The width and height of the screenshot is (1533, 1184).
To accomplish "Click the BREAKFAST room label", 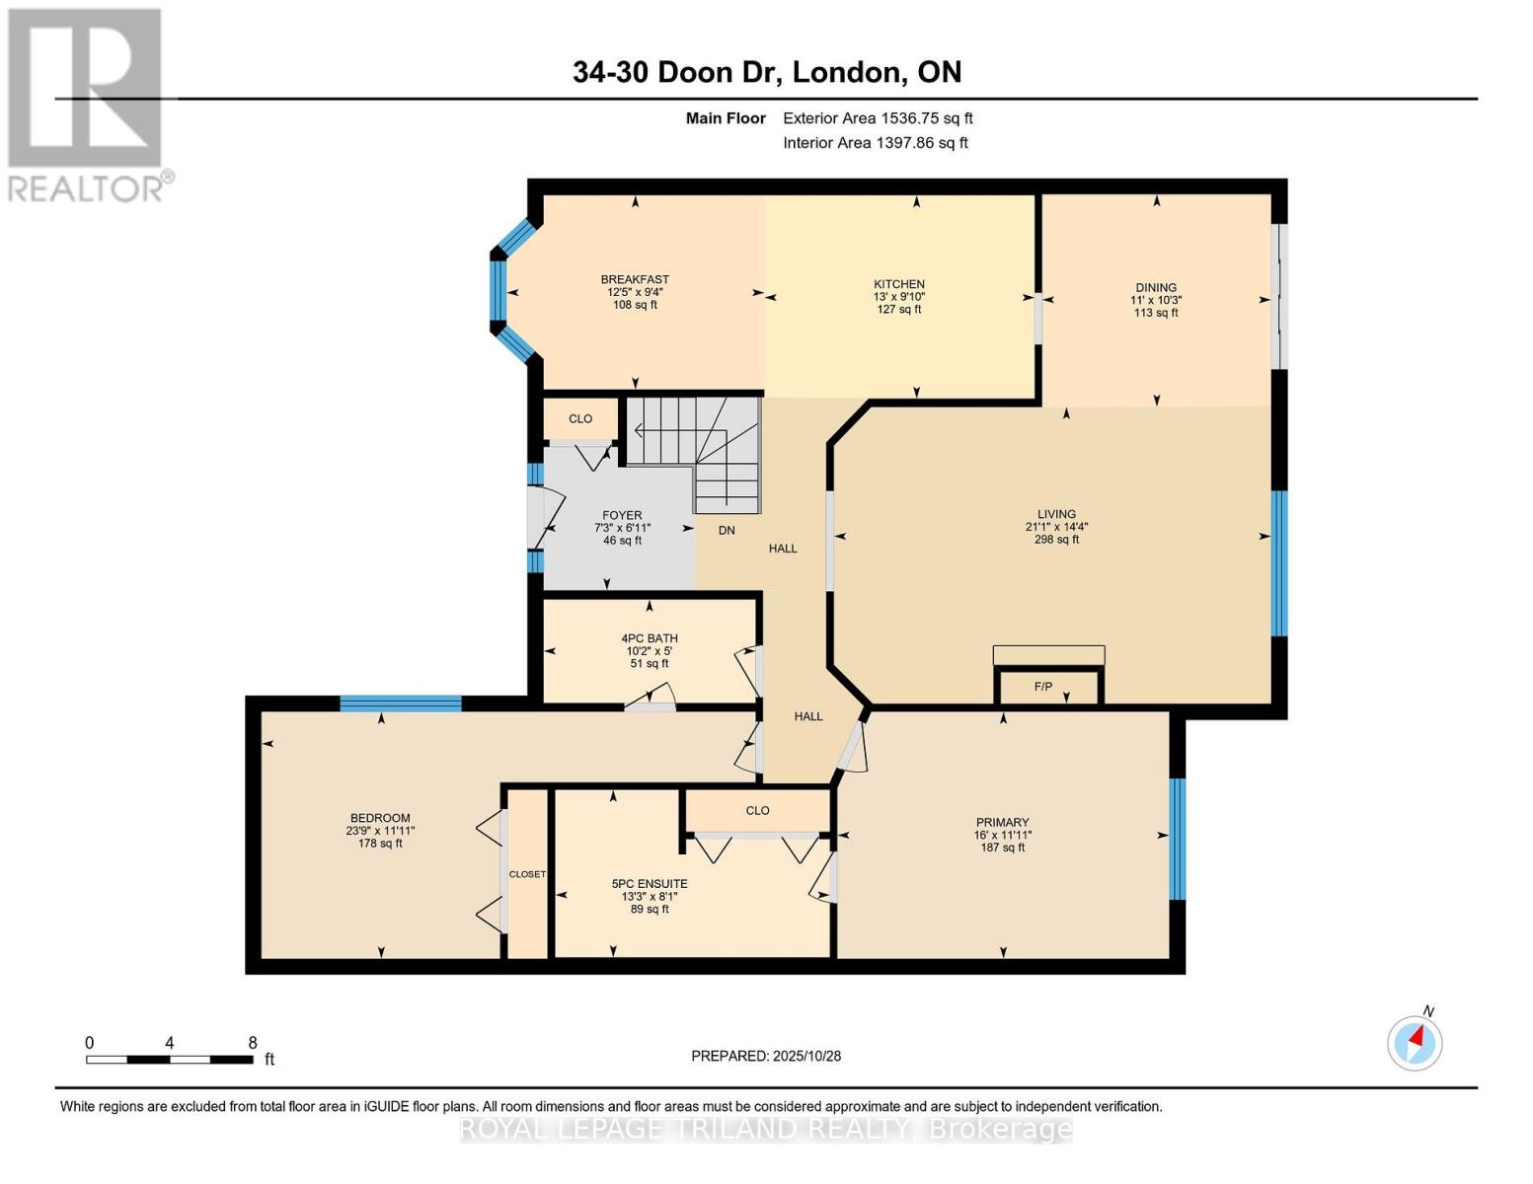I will coord(635,279).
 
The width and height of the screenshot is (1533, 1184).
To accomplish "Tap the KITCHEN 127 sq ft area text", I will coord(898,310).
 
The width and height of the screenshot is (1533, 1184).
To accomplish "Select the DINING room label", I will coord(1155,288).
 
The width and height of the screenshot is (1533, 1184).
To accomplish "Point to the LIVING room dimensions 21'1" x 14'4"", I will coord(1056,527).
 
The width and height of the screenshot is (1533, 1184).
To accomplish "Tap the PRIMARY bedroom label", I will coord(1002,822).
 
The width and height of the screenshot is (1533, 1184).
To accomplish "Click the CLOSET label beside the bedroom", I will coord(527,874).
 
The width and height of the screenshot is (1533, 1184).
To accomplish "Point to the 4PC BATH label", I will coord(650,638).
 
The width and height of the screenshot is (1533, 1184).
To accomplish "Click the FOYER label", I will coord(622,515).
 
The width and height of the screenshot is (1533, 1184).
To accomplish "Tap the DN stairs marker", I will coord(727,530).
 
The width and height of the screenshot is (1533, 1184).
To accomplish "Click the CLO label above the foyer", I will coord(580,418).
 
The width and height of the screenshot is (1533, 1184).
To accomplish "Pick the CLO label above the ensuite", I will coord(757,810).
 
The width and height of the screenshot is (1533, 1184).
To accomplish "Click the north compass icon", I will coord(1416,1042).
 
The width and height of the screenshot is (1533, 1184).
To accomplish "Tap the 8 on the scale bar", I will coord(253,1043).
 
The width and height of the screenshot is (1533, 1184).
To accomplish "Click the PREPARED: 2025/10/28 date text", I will coord(766,1056).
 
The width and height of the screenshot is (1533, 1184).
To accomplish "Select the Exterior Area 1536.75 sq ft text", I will coord(878,118).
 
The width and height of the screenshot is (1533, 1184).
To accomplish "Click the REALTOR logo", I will coord(87,104).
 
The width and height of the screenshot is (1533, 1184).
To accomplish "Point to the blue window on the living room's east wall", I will coord(1279,563).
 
